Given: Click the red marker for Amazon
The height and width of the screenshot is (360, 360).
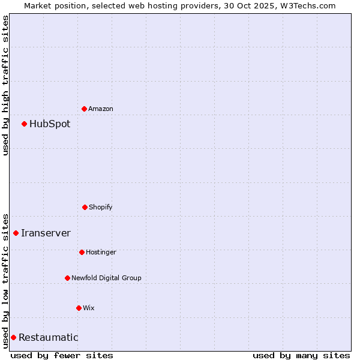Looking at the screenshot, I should (x=85, y=109).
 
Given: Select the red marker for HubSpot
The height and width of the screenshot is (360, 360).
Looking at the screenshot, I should (x=25, y=124).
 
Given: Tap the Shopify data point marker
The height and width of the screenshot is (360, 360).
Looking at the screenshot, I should (x=85, y=207).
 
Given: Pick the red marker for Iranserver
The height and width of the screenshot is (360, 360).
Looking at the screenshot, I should (x=16, y=233).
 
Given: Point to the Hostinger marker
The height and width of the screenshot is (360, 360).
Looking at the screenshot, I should (x=82, y=252).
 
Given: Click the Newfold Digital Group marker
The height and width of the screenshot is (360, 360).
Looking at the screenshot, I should (x=67, y=278).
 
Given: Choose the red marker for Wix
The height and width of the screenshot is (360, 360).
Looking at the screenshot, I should (x=79, y=308).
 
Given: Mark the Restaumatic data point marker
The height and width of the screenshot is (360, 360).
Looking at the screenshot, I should (x=13, y=337).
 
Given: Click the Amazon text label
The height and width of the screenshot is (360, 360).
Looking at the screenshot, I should (x=101, y=109).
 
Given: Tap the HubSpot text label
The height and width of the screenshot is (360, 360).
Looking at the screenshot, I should (x=50, y=124).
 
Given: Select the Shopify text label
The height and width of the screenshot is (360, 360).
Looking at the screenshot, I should (x=101, y=207).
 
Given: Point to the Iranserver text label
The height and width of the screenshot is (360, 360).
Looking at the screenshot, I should (x=46, y=233).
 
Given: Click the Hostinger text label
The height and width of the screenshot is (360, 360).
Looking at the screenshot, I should (x=101, y=252).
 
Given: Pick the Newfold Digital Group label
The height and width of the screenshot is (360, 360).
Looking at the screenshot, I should (x=106, y=278).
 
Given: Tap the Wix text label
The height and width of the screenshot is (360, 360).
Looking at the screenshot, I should (x=89, y=308).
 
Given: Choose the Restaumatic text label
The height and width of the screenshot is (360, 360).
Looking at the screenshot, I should (x=48, y=338).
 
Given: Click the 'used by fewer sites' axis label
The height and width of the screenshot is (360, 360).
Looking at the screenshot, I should (x=62, y=355).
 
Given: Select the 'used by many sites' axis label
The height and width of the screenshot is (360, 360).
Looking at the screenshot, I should (x=301, y=355).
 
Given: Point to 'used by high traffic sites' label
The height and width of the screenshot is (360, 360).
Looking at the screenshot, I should (x=5, y=85).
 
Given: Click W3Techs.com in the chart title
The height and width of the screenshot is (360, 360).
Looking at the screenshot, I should (x=306, y=5).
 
